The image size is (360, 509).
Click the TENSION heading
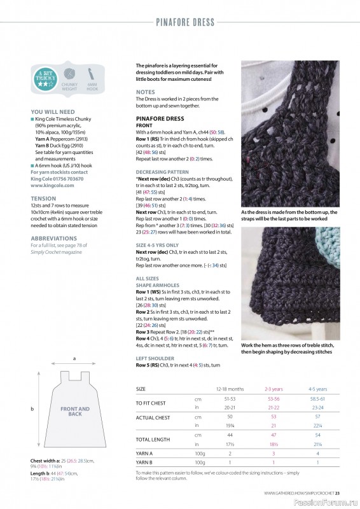[43, 199]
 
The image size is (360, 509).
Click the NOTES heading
[145, 92]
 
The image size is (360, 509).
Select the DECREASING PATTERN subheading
[162, 172]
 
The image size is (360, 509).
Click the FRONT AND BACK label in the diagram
[74, 411]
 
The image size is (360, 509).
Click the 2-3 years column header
[274, 389]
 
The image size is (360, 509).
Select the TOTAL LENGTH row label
[153, 440]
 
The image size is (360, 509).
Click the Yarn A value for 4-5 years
[317, 453]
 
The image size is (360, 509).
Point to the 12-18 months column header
[230, 389]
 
